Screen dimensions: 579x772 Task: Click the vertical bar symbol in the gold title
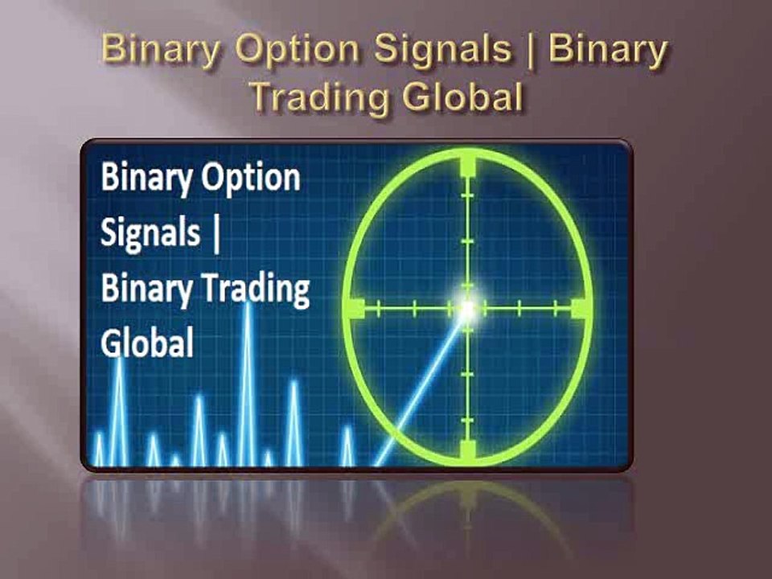coord(532,51)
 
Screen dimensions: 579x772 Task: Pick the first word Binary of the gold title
coord(160,51)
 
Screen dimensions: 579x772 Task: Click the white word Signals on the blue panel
coord(150,233)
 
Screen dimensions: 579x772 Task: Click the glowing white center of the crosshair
coord(467,307)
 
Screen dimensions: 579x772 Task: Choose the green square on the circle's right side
coord(578,307)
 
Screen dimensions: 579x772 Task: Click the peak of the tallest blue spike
coord(248,303)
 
